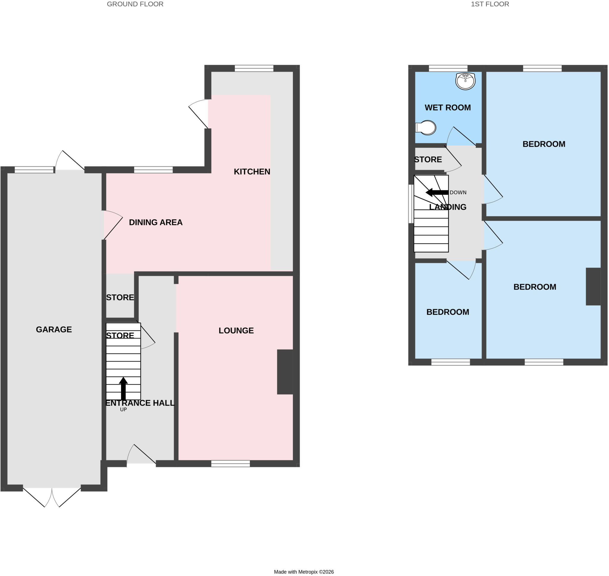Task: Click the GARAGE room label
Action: [x=54, y=329]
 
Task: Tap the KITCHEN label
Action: [x=252, y=171]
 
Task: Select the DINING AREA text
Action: [x=156, y=222]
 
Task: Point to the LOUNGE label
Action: [x=236, y=331]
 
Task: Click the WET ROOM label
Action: [x=448, y=108]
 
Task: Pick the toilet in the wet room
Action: [x=426, y=128]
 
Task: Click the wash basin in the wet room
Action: [x=465, y=81]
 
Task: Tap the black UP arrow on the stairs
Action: [x=123, y=388]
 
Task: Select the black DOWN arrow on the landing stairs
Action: [x=437, y=193]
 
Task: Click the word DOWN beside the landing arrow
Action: [x=458, y=193]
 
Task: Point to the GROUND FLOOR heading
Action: [x=135, y=4]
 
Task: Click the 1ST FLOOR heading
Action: [x=490, y=4]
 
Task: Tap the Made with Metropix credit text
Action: [x=304, y=572]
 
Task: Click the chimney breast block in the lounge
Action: [x=285, y=372]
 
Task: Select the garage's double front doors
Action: [x=52, y=497]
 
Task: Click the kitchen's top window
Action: [x=254, y=68]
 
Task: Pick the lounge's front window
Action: [x=230, y=464]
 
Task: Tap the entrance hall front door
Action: [x=141, y=455]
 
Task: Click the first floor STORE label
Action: [x=428, y=159]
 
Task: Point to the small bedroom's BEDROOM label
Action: [x=448, y=312]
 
